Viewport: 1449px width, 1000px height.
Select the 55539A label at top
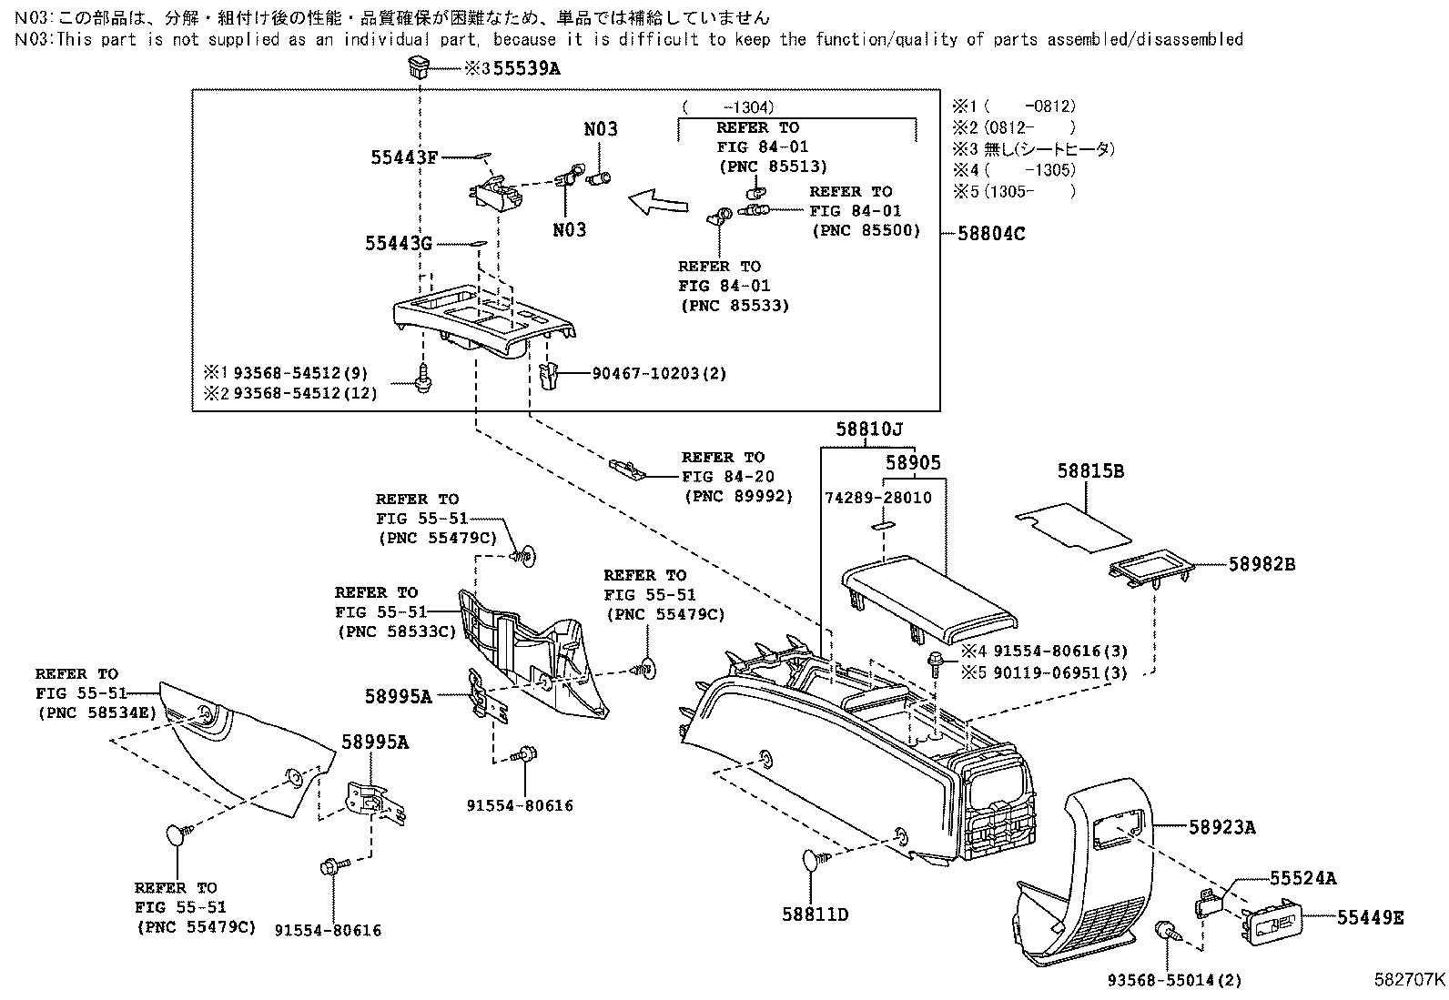pos(527,67)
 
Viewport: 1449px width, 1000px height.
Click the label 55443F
pos(404,157)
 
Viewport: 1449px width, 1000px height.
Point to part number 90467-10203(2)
pos(659,373)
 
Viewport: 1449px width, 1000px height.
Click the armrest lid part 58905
pos(928,596)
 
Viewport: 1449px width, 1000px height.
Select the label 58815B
pos(1090,471)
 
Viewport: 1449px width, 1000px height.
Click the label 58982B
pos(1262,564)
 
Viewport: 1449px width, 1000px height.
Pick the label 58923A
pos(1221,827)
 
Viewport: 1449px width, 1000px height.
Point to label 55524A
pos(1303,878)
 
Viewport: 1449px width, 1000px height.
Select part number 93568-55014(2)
pos(1174,981)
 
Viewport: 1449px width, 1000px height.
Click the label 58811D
pos(815,914)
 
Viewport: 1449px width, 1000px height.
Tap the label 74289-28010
pos(878,499)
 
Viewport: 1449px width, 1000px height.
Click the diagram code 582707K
pos(1409,980)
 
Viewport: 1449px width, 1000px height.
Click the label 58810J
pos(870,429)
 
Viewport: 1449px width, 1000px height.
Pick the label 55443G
pos(399,243)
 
